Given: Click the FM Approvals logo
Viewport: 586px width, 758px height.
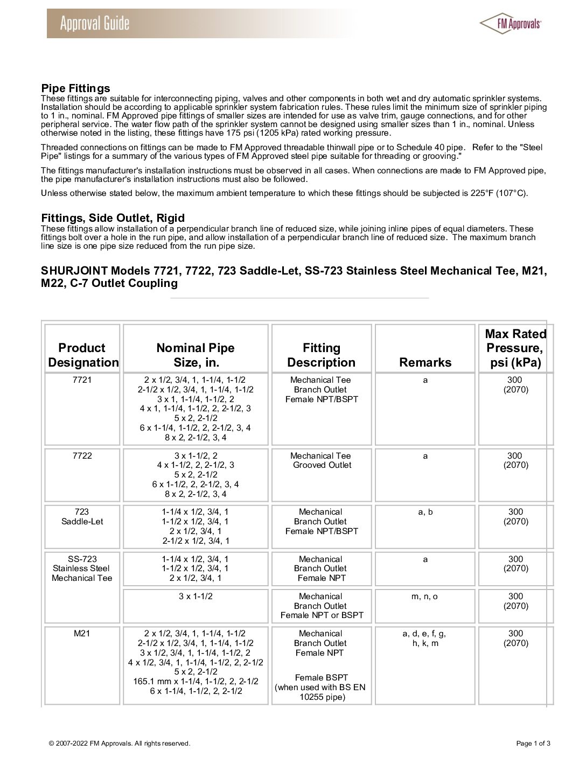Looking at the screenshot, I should click(x=510, y=23).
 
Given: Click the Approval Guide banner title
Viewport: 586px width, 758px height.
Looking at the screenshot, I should click(x=95, y=24).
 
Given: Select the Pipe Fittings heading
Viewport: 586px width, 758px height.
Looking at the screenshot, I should click(x=75, y=88).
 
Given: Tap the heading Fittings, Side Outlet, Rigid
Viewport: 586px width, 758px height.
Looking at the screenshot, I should click(x=113, y=218).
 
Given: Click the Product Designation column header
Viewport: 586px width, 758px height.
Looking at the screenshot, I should click(x=83, y=355).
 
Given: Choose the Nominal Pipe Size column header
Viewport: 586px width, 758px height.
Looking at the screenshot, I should click(x=196, y=355).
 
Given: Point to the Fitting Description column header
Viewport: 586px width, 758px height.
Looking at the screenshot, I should click(x=322, y=355).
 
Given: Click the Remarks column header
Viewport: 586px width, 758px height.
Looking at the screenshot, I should click(x=425, y=362).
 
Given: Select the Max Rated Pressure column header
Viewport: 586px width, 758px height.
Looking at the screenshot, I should click(x=515, y=348).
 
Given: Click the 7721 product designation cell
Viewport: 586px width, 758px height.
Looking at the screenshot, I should click(x=82, y=380).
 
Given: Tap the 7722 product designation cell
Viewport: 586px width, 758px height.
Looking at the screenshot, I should click(x=82, y=456).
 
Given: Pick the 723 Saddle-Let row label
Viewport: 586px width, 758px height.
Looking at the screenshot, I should click(x=82, y=517).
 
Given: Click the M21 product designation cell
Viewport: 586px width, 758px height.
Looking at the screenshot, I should click(x=82, y=634).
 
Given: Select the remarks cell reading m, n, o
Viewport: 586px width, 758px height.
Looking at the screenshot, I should click(x=425, y=596).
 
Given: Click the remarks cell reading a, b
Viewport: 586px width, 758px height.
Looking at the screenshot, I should click(x=425, y=512).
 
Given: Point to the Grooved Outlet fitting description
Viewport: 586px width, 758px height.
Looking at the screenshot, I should click(x=322, y=465).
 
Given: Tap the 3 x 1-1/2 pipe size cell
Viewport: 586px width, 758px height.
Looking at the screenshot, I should click(x=196, y=596).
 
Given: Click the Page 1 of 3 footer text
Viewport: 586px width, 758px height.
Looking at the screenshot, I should click(x=533, y=743).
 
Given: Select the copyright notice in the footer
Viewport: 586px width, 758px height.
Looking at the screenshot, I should click(x=119, y=743).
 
